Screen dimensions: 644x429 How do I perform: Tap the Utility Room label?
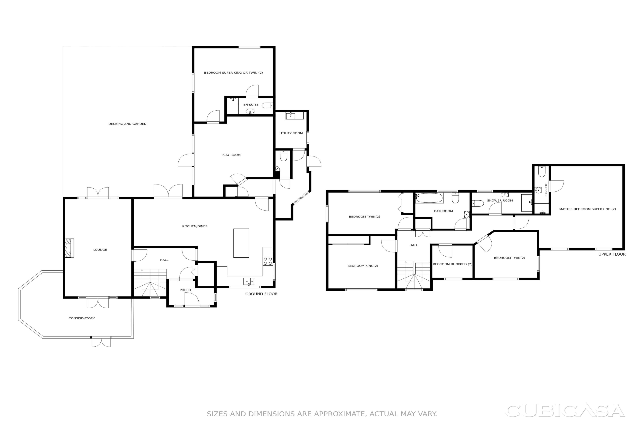pos(291,133)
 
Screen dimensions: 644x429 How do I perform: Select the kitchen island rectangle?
pos(241,243)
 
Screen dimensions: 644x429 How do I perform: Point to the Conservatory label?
pos(82,318)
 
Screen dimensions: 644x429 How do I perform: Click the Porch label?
pos(185,290)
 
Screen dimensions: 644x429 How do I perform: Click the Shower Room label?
pos(500,201)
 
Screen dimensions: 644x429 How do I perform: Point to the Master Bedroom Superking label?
pos(587,209)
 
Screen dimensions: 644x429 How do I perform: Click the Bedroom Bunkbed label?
pos(452,264)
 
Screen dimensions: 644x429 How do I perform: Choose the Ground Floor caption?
pos(261,294)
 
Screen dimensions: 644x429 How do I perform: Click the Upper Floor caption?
pos(612,254)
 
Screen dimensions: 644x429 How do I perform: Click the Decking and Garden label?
pos(127,124)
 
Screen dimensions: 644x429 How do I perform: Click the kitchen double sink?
pos(249,281)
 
